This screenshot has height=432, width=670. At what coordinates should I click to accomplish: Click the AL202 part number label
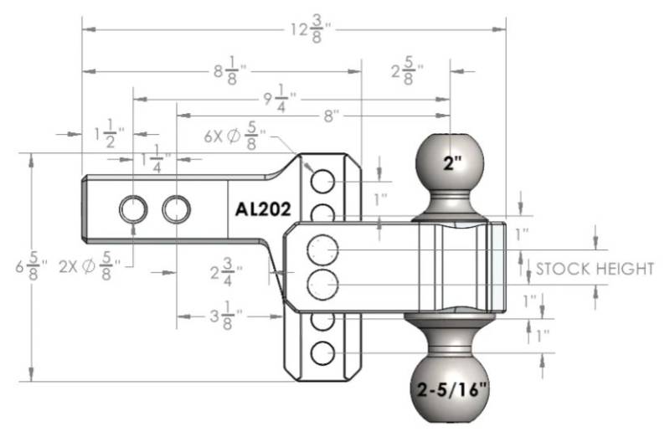(x=263, y=209)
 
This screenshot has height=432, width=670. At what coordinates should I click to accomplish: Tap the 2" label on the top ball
(x=452, y=162)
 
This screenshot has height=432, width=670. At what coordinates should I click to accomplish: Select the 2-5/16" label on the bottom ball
(x=452, y=389)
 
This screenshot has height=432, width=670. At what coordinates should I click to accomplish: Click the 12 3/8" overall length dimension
(x=311, y=29)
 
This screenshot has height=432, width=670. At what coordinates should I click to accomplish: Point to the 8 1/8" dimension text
(x=231, y=70)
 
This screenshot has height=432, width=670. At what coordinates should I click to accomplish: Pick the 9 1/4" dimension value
(x=280, y=99)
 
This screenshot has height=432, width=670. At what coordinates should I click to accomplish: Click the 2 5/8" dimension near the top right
(x=408, y=70)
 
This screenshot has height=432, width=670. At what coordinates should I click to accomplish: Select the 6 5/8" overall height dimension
(x=32, y=267)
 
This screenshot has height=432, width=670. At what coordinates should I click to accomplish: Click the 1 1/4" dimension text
(x=157, y=159)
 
